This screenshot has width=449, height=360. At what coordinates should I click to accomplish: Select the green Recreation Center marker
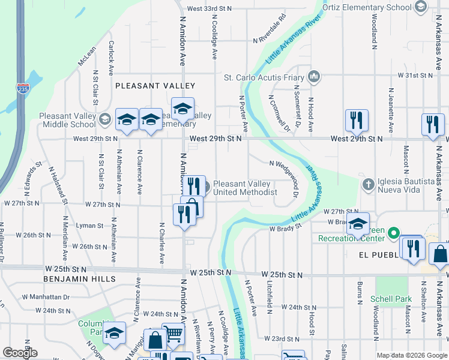point(394,232)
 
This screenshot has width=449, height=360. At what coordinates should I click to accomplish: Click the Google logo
point(20,353)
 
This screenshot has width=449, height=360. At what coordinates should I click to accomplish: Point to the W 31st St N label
point(415,76)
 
